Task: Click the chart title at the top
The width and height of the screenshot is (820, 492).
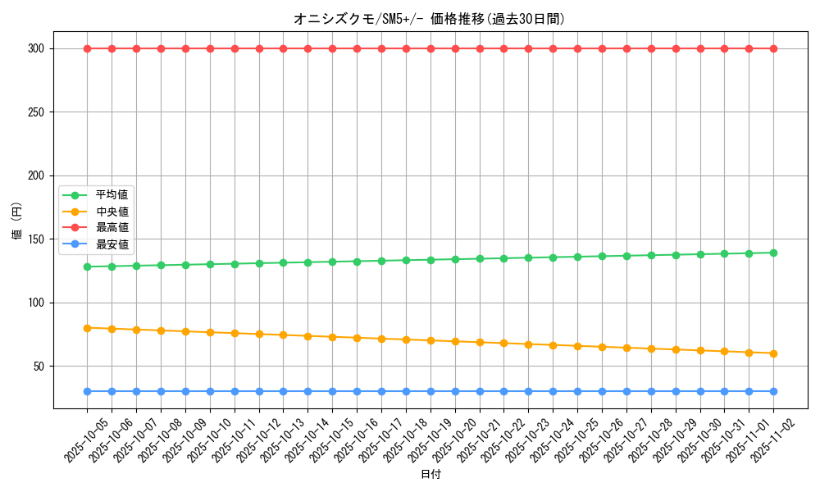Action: click(430, 19)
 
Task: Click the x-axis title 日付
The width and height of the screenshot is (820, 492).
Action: click(430, 475)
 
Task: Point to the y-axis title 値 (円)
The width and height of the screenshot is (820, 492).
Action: click(17, 221)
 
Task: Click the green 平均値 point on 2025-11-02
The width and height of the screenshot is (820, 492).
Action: click(773, 253)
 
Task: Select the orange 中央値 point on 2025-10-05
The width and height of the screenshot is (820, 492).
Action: click(87, 328)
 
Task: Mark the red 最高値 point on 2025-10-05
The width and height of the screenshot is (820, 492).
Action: click(87, 48)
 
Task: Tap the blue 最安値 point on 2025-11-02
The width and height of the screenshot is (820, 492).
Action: click(773, 391)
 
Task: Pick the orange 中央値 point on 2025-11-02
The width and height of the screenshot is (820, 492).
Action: click(773, 353)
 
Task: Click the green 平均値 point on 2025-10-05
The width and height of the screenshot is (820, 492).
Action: click(87, 266)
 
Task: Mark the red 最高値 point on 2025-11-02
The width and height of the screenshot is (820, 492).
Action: click(773, 48)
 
